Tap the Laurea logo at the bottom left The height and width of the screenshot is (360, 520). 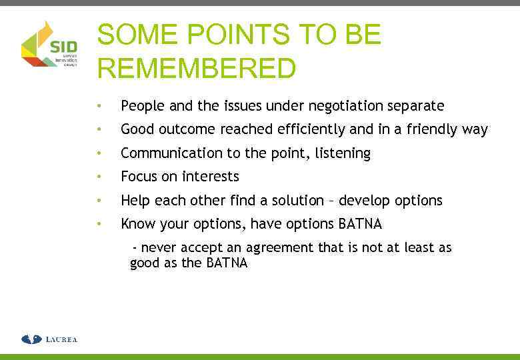point(49,339)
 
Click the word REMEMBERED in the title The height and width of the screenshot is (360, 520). point(197,68)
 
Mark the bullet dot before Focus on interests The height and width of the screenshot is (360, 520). point(99,177)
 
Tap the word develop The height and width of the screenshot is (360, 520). point(363,201)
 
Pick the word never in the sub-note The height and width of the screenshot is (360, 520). point(158,248)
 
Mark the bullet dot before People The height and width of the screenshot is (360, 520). point(99,107)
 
